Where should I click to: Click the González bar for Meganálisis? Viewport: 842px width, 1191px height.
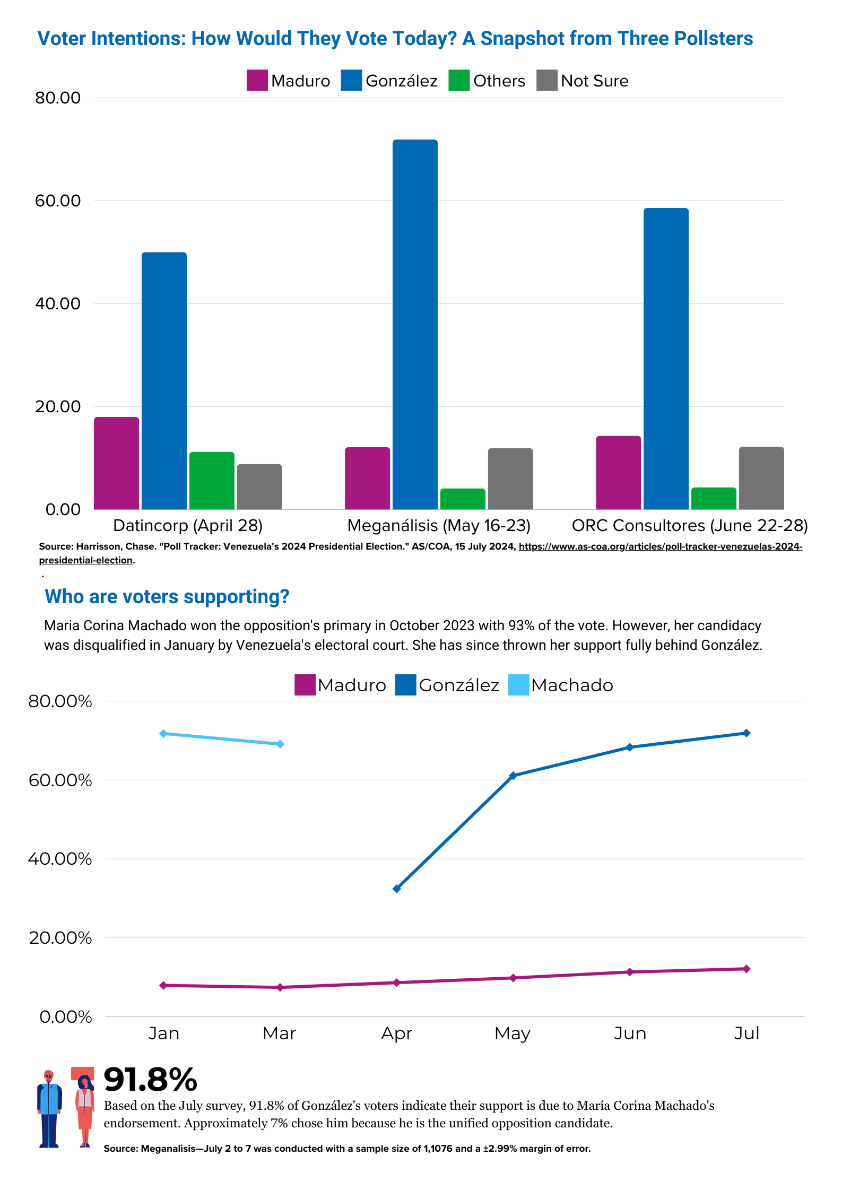(x=415, y=324)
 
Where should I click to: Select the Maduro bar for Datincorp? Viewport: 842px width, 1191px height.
(x=116, y=463)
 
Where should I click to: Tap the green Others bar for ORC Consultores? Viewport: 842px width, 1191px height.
(x=714, y=498)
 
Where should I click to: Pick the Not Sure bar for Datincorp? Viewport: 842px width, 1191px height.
(x=259, y=486)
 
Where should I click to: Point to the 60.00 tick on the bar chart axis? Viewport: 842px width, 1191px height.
(x=57, y=201)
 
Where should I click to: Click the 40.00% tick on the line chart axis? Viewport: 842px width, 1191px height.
(x=60, y=859)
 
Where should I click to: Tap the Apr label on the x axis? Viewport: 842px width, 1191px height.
(x=396, y=1033)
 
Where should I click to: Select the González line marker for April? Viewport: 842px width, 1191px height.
(x=396, y=889)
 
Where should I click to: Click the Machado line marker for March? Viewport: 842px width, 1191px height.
(x=280, y=744)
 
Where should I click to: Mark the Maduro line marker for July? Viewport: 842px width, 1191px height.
(x=746, y=969)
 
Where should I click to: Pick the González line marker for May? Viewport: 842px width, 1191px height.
(x=513, y=776)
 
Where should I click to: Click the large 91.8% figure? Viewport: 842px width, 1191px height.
(x=150, y=1080)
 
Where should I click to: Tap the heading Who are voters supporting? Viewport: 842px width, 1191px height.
(x=167, y=597)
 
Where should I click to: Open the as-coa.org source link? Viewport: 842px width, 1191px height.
(x=660, y=546)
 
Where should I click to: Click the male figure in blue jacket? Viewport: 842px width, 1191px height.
(x=49, y=1109)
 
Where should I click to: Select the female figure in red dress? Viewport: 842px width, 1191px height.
(x=84, y=1111)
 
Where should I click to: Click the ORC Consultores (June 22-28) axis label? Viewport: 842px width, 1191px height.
(x=689, y=525)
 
